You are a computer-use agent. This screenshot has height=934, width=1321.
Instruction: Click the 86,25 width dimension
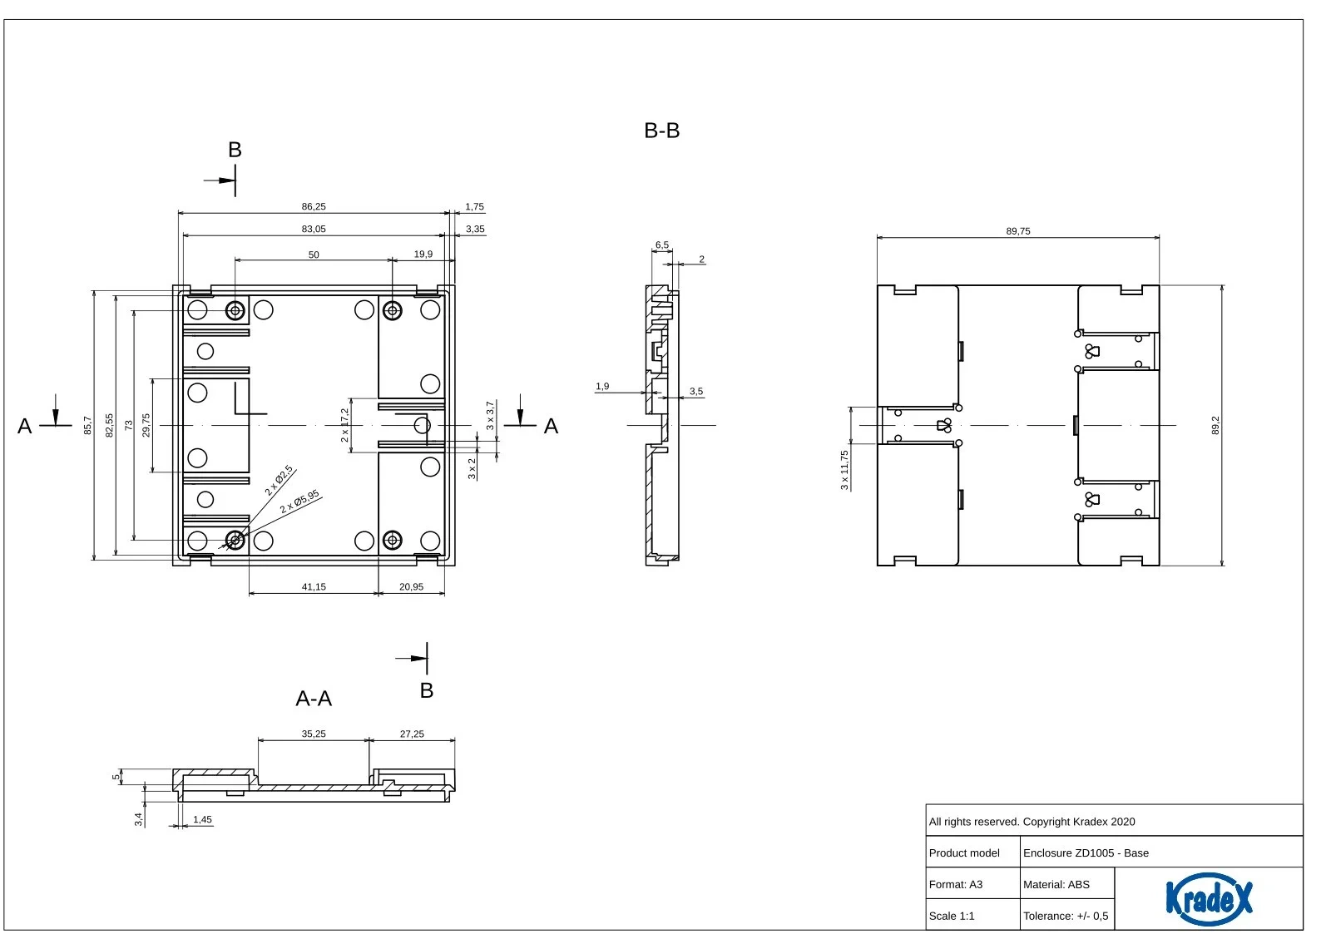pyautogui.click(x=313, y=206)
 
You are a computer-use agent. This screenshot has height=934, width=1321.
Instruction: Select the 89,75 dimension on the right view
pyautogui.click(x=1018, y=231)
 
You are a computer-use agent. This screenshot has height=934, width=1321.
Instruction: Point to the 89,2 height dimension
pyautogui.click(x=1215, y=425)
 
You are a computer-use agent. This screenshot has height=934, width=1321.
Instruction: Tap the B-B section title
pyautogui.click(x=661, y=131)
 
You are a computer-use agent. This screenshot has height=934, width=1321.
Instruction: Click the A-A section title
pyautogui.click(x=313, y=698)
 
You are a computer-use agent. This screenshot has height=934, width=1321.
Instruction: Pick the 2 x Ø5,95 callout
pyautogui.click(x=299, y=502)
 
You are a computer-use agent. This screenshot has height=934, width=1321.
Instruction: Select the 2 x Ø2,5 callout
pyautogui.click(x=279, y=481)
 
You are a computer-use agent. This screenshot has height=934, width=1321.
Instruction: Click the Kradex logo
pyautogui.click(x=1209, y=898)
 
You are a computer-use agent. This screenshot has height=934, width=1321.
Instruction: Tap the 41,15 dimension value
pyautogui.click(x=313, y=586)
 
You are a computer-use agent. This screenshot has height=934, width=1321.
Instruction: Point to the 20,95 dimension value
pyautogui.click(x=411, y=586)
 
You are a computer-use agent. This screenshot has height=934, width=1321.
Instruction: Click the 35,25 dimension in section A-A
pyautogui.click(x=313, y=734)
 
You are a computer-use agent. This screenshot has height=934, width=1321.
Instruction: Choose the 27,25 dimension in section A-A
pyautogui.click(x=412, y=734)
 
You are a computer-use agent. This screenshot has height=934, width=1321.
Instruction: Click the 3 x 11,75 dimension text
pyautogui.click(x=844, y=470)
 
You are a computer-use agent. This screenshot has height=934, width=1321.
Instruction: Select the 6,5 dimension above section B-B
pyautogui.click(x=661, y=245)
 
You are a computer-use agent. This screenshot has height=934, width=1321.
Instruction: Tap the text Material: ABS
pyautogui.click(x=1056, y=884)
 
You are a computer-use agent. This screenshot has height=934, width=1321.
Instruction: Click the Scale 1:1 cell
pyautogui.click(x=952, y=916)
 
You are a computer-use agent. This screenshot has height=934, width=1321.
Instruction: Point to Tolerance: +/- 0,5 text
pyautogui.click(x=1066, y=916)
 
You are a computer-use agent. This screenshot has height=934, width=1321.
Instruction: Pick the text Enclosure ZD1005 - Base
pyautogui.click(x=1086, y=852)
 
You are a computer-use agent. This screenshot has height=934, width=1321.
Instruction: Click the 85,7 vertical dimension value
pyautogui.click(x=87, y=425)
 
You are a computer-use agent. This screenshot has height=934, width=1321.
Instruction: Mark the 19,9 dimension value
pyautogui.click(x=423, y=255)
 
